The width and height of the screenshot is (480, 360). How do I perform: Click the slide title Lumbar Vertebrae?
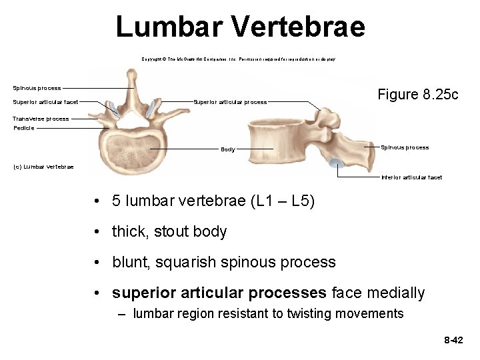[240, 27]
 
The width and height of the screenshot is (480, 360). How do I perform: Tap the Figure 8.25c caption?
[418, 95]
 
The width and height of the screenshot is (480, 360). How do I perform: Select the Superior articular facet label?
[45, 102]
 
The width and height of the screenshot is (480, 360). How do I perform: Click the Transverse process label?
[41, 119]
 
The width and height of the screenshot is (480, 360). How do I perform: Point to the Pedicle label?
[24, 128]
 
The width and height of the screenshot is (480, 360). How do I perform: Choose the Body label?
[228, 149]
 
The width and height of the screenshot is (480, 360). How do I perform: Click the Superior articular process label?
[230, 102]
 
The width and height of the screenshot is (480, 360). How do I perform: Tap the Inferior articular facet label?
[411, 177]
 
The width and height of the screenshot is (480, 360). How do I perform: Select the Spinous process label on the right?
[405, 147]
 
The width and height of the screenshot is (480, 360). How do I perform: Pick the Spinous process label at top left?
[37, 88]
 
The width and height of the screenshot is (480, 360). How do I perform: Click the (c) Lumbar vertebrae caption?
[43, 167]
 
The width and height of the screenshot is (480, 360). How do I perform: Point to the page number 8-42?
[453, 341]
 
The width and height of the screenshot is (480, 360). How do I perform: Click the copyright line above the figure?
[238, 59]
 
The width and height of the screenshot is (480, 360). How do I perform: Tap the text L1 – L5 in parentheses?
[283, 201]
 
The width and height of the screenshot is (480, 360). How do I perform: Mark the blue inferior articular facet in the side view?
[337, 163]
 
